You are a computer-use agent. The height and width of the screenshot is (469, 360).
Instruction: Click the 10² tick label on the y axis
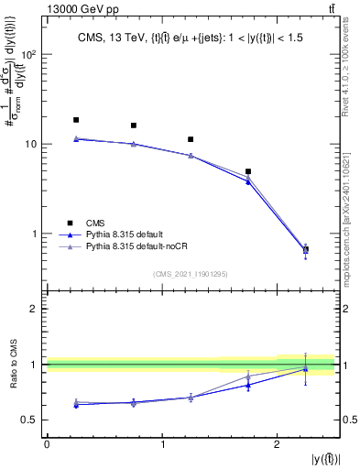click(x=29, y=55)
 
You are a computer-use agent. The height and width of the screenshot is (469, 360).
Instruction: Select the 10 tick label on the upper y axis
click(x=31, y=145)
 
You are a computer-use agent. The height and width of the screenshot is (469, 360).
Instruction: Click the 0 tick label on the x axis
click(x=47, y=444)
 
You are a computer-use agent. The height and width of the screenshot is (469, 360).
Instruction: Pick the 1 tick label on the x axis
click(x=162, y=444)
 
